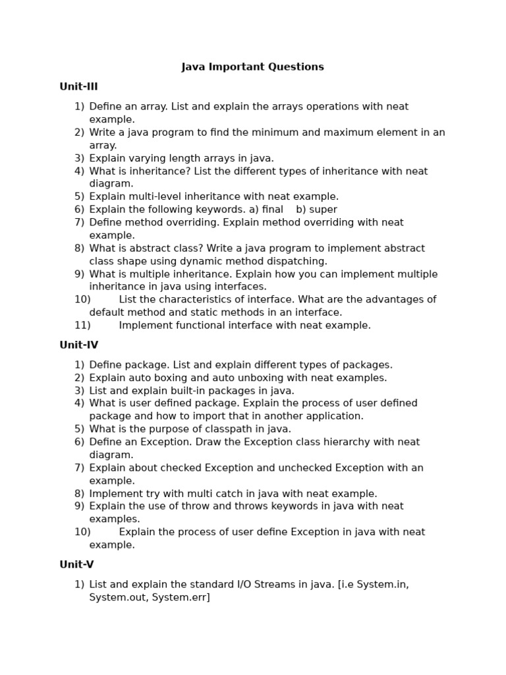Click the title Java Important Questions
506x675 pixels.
[x=252, y=67]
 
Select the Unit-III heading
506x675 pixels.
[x=78, y=86]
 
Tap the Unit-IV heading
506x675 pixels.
[x=78, y=345]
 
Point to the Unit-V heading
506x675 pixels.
[x=76, y=564]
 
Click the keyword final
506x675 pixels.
[x=272, y=210]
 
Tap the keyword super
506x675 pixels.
[x=323, y=210]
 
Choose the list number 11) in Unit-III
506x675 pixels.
[x=82, y=326]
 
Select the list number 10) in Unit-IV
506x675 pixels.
[x=82, y=532]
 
